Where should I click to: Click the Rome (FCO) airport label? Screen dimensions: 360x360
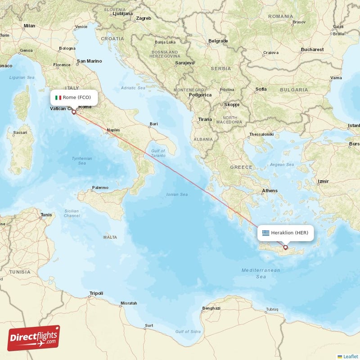point(76,97)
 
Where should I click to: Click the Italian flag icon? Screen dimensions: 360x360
point(58,97)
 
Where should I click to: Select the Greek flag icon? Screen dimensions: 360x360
point(266,233)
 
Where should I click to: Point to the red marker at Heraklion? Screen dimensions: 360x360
point(285,247)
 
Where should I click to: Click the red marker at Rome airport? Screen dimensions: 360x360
point(74,112)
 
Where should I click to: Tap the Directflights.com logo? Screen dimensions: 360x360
point(34,337)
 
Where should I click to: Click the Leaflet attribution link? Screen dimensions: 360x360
point(350,356)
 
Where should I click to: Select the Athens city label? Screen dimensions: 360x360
point(270,190)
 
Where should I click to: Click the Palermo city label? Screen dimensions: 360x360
point(100,187)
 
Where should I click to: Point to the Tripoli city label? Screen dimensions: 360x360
point(96,293)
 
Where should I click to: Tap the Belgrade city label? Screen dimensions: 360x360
point(218,41)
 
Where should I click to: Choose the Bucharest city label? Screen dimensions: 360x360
point(312,49)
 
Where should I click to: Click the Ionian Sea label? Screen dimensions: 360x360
point(177,194)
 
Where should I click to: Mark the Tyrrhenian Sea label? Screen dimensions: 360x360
point(82,161)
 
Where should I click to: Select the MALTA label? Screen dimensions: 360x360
point(110,237)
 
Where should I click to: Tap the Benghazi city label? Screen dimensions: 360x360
point(211,308)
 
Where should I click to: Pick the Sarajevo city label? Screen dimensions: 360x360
point(184,63)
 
